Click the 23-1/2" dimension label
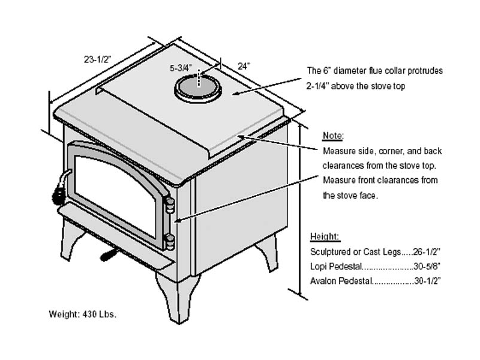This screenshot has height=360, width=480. [x=98, y=59]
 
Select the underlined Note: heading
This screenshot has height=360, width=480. [x=333, y=136]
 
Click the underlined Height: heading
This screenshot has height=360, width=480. [x=325, y=236]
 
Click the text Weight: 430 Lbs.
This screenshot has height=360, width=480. [x=82, y=314]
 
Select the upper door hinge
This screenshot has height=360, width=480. [x=170, y=206]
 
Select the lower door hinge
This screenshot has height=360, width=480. [x=170, y=242]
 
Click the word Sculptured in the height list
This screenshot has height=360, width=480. [x=329, y=251]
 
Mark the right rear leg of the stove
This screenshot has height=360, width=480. [x=268, y=252]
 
